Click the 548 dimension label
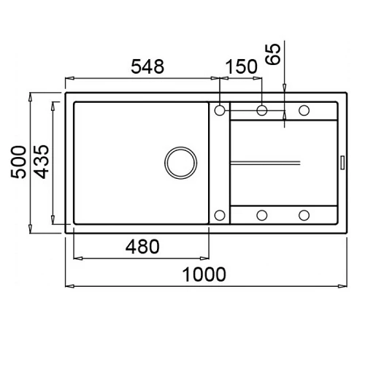147,66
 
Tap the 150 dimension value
242,66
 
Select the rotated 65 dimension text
273,54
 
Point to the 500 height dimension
18,162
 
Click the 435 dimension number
42,162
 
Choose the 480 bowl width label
142,247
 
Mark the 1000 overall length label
204,274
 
